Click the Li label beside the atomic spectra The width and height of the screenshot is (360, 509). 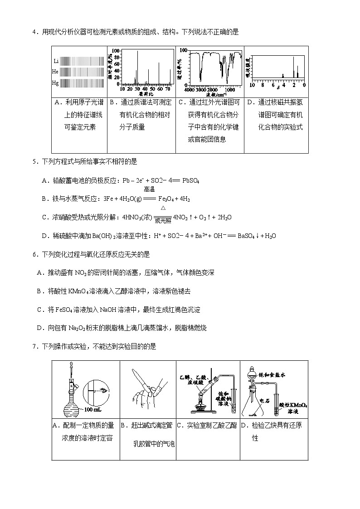click(x=56, y=61)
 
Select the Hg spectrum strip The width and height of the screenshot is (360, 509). click(x=83, y=83)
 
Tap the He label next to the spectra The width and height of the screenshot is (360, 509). click(x=55, y=72)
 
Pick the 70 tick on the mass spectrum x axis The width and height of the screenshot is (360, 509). click(x=168, y=89)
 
